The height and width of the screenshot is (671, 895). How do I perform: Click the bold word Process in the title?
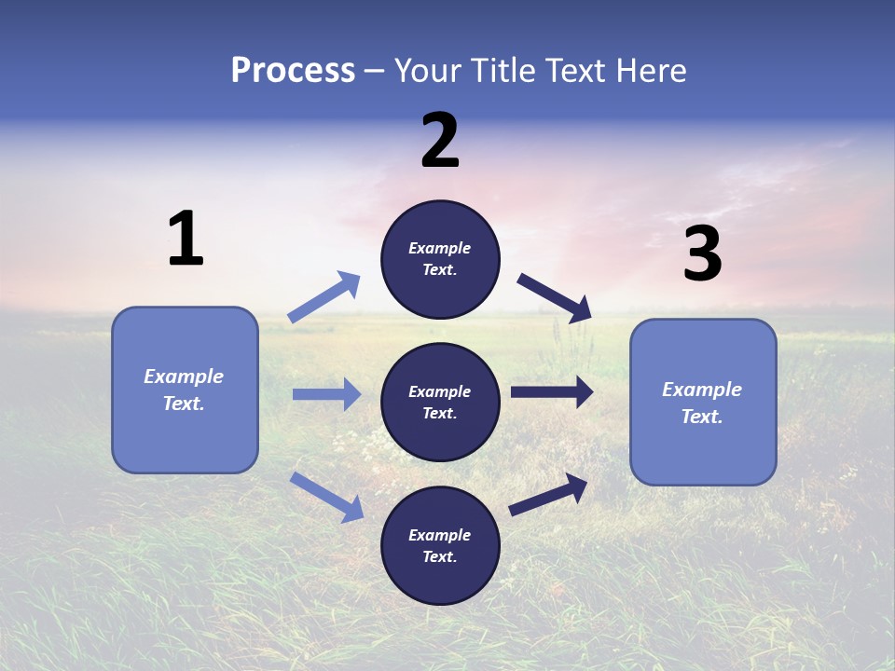point(293,71)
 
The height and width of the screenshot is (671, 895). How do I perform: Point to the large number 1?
point(186,240)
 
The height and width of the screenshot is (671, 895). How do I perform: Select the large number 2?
point(440,142)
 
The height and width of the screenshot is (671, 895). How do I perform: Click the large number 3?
point(702,254)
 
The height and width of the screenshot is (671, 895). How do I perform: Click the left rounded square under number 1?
point(185,390)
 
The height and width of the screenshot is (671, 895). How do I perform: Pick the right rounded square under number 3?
point(703,402)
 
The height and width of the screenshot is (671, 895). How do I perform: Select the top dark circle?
point(440,259)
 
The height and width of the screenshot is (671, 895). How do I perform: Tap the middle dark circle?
point(440,402)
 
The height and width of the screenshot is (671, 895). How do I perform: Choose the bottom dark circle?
point(440,545)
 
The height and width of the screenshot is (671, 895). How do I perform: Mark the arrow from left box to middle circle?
point(326,394)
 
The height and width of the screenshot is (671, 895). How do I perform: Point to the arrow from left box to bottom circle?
point(326,497)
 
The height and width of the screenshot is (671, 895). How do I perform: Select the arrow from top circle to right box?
point(554,297)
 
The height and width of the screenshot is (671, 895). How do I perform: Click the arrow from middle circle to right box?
point(552,392)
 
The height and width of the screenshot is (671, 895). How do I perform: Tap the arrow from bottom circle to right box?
point(548,494)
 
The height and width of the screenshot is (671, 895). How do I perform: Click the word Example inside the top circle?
point(440,248)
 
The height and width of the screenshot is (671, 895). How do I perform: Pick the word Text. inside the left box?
point(184,404)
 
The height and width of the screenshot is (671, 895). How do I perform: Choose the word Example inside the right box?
point(702,390)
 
